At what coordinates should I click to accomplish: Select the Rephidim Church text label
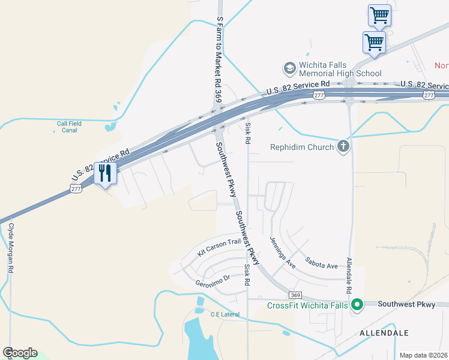(x=301, y=147)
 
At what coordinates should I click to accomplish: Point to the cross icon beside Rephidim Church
(x=343, y=146)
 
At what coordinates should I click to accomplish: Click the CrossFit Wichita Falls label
(x=307, y=305)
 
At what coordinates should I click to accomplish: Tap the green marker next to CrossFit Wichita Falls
(x=357, y=305)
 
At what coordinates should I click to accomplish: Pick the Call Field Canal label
(x=69, y=127)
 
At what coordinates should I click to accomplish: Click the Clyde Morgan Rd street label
(x=11, y=248)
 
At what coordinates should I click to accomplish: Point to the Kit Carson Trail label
(x=219, y=247)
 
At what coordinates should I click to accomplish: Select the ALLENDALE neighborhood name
(x=384, y=333)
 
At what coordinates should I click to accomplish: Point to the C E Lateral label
(x=225, y=314)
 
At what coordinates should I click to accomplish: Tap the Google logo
(x=20, y=353)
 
